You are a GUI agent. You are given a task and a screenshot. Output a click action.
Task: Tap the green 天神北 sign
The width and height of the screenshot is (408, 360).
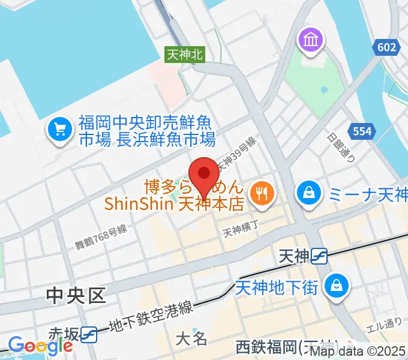[185, 55]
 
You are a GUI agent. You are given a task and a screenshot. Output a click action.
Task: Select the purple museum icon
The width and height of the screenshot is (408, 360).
[311, 41]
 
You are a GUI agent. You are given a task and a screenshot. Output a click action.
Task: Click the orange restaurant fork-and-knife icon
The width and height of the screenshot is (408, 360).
[262, 193]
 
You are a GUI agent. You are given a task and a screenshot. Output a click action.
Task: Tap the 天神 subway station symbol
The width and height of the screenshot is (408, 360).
[319, 257]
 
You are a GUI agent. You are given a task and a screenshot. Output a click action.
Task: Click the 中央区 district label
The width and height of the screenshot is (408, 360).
[77, 295]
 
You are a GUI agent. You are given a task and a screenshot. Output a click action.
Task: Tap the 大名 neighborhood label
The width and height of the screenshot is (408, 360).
[191, 339]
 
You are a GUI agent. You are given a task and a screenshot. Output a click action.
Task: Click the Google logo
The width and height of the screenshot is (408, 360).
[40, 346]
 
